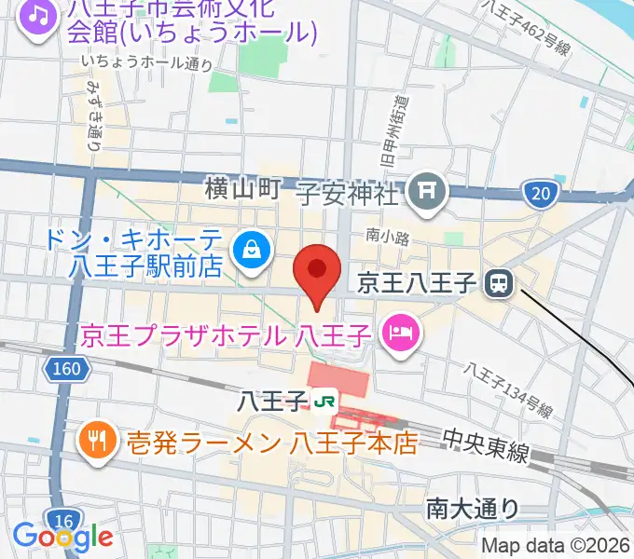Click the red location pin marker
[316, 271]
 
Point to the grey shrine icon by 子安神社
[430, 191]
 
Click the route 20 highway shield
[543, 194]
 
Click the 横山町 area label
[242, 191]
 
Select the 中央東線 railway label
[485, 445]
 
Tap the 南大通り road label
[473, 508]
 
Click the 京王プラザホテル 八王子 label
[228, 334]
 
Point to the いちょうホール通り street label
[146, 63]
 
